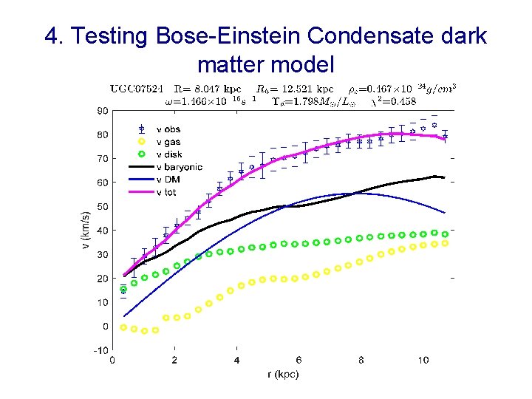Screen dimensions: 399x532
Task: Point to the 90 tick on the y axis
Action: tap(102, 111)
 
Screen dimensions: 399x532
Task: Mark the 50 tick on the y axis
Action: tap(102, 207)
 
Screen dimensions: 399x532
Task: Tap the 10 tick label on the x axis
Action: tap(423, 361)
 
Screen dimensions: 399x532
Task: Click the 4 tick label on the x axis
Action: tap(236, 361)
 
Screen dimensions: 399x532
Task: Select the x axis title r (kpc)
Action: tap(283, 375)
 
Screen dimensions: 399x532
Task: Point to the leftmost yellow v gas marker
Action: tap(123, 327)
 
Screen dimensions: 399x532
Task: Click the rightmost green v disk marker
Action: tap(445, 233)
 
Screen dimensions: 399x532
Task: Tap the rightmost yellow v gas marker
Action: tap(445, 243)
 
